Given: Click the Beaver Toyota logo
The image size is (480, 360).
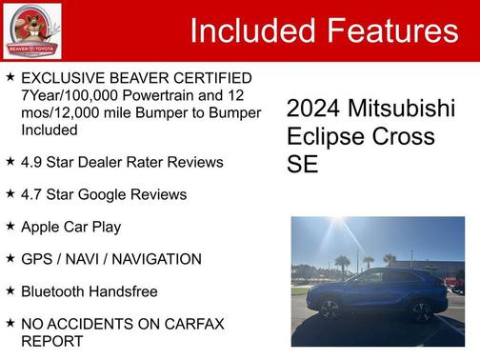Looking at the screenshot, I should pos(32,30).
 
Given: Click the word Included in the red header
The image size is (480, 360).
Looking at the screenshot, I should pos(249,31).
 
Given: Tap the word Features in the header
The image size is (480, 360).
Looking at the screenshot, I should pos(389,31).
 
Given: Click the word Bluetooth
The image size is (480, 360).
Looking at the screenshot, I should pos(54,291).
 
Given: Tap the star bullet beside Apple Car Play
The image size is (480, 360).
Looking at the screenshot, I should pos(10,226).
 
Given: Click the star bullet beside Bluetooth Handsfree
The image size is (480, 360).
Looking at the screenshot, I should pos(10,290).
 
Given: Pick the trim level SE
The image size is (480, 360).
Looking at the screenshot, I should pos(302,164).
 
